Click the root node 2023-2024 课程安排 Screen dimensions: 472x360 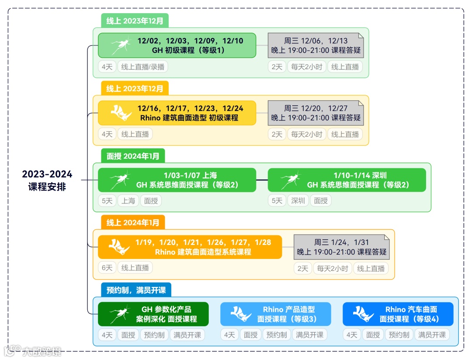pos(47,180)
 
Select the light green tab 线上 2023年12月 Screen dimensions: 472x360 pos(135,21)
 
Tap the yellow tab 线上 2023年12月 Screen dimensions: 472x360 pos(135,88)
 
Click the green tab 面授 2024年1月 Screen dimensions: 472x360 pos(133,156)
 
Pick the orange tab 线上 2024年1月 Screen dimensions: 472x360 pos(133,223)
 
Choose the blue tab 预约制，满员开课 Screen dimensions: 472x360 pos(136,290)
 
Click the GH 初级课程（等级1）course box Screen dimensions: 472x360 pos(177,45)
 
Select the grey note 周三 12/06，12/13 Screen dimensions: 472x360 pos(316,45)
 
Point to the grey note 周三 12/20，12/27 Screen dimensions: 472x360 pos(316,113)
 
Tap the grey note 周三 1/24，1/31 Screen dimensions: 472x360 pos(341,247)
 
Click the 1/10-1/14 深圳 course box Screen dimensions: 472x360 pos(347,180)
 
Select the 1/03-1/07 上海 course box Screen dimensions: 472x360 pos(177,180)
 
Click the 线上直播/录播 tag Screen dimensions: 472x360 pos(142,66)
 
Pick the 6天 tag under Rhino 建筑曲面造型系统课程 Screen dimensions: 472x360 pos(107,268)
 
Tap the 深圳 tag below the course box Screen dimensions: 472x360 pos(298,201)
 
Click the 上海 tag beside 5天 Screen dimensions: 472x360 pos(128,201)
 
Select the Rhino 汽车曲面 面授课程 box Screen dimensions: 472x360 pos(398,314)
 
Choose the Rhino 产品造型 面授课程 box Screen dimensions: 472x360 pos(275,314)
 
